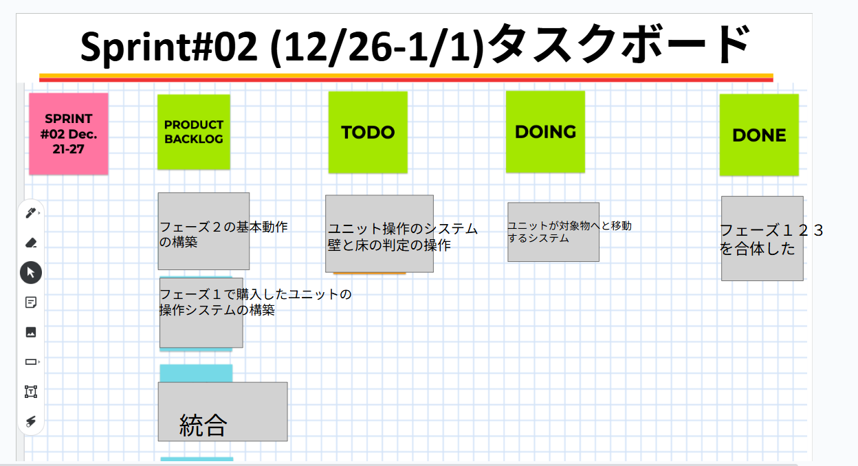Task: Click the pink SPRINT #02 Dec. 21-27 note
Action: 69,133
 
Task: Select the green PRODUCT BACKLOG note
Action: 194,131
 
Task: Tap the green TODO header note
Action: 368,132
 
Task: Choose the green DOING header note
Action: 545,131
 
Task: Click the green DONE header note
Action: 759,135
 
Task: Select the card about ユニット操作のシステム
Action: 379,234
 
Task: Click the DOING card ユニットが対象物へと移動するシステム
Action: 553,232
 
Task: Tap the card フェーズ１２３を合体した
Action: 762,238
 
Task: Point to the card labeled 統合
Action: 223,412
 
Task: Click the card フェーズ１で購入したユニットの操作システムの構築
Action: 201,313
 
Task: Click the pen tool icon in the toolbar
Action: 30,213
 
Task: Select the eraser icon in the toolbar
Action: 30,243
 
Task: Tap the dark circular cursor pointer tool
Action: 31,273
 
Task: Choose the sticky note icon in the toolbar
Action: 30,302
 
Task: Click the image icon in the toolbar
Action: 30,332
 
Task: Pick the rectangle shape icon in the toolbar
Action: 30,362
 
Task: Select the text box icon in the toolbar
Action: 30,391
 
